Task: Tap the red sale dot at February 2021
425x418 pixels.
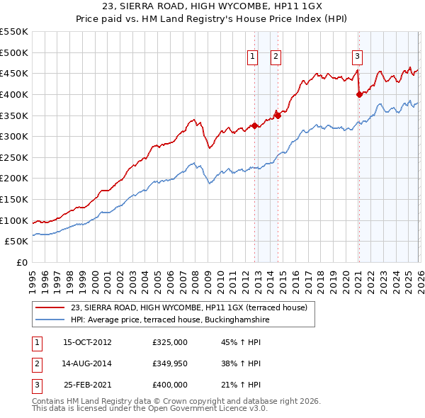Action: (x=359, y=94)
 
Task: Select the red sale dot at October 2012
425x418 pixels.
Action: (x=254, y=125)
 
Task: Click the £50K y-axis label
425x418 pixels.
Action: (x=17, y=242)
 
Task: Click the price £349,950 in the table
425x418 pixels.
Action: (x=169, y=363)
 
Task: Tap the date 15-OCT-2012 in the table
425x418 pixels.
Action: (x=87, y=342)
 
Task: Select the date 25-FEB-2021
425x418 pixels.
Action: (x=87, y=385)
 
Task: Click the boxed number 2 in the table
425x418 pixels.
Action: (x=35, y=363)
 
